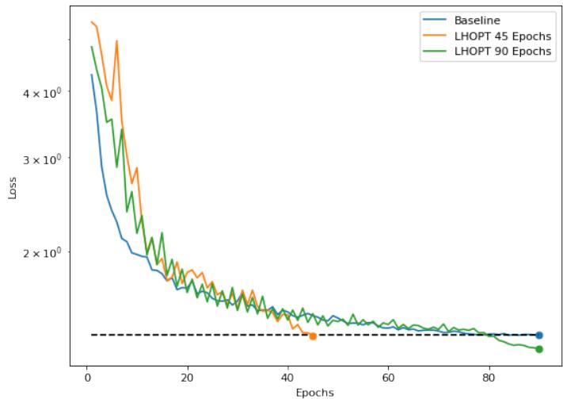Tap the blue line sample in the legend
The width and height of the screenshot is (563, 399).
(x=435, y=20)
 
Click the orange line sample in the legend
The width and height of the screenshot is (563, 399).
(x=435, y=36)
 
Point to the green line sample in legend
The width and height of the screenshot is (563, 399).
(x=435, y=52)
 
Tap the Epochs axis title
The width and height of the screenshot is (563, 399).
(x=314, y=392)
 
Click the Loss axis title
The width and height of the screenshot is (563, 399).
(x=12, y=187)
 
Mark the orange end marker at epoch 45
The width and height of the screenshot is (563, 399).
(x=313, y=336)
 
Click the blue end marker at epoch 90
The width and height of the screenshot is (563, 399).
(x=539, y=336)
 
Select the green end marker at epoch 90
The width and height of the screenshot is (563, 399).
(x=539, y=349)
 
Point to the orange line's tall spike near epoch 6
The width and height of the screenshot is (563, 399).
(x=116, y=41)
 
